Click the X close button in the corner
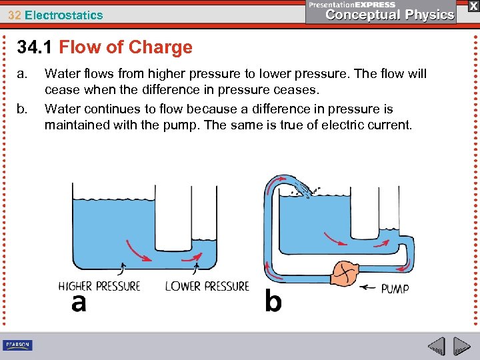coord(472,6)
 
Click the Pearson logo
coord(17,345)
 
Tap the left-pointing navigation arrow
coord(437,347)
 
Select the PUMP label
coord(395,289)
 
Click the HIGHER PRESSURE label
coord(99,286)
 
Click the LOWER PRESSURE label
coord(207,286)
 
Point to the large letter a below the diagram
coord(79,303)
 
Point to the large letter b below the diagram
coord(273,301)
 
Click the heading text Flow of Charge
coord(125,47)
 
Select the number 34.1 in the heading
coord(35,47)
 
